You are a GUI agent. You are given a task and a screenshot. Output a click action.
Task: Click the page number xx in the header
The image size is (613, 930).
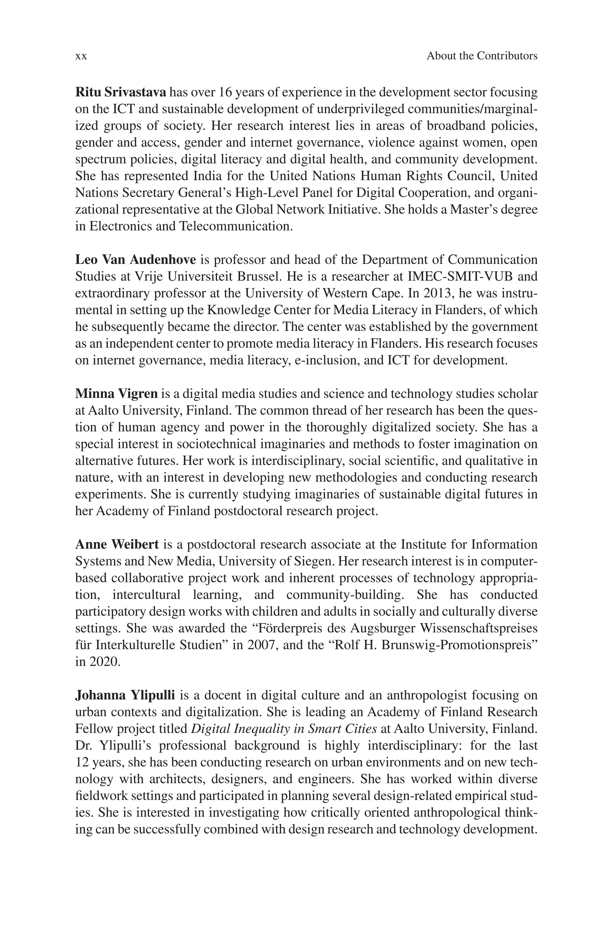(81, 56)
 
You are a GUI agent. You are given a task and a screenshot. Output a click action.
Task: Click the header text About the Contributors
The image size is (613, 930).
(482, 56)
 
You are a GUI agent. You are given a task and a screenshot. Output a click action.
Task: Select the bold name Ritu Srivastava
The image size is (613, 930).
(121, 92)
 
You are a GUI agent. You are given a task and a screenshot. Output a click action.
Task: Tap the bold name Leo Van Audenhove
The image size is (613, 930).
(136, 259)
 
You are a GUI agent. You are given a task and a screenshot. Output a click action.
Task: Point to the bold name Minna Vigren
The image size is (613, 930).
(116, 394)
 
